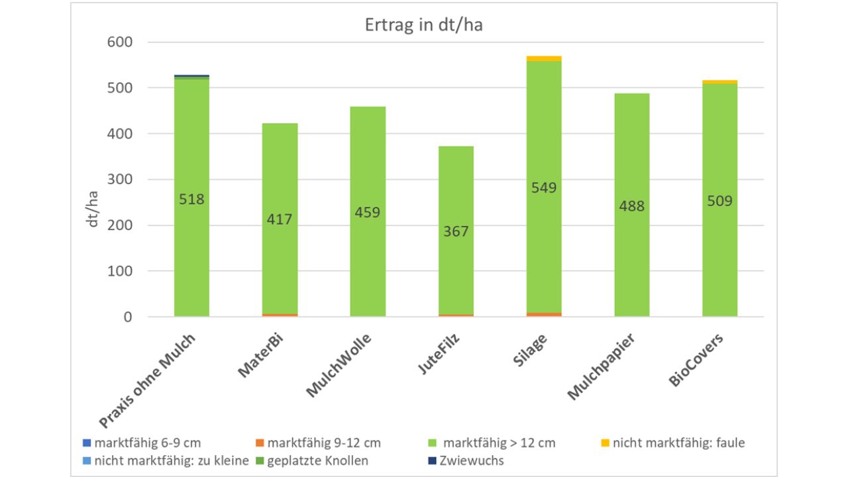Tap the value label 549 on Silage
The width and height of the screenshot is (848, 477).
pyautogui.click(x=544, y=187)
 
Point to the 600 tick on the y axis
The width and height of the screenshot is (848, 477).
pyautogui.click(x=120, y=42)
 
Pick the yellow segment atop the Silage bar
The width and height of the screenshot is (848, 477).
pyautogui.click(x=544, y=58)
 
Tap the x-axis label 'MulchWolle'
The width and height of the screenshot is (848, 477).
pyautogui.click(x=339, y=365)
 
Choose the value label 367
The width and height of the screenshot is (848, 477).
pyautogui.click(x=456, y=231)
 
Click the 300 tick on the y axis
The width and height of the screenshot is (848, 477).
pyautogui.click(x=120, y=180)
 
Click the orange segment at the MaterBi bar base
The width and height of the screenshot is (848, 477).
pyautogui.click(x=280, y=315)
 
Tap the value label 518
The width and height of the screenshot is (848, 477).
pyautogui.click(x=192, y=199)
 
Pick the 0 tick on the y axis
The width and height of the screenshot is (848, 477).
pyautogui.click(x=127, y=317)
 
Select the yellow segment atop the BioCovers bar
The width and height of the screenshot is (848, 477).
pyautogui.click(x=720, y=81)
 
